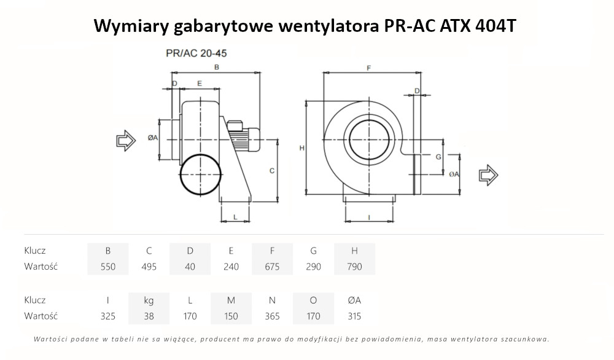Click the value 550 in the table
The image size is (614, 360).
[x=108, y=267]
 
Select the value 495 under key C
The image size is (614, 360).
[x=149, y=267]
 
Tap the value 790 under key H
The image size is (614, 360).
[x=354, y=267]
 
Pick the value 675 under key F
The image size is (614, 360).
[x=271, y=267]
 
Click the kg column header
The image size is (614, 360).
[x=149, y=300]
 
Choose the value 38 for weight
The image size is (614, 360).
[x=149, y=316]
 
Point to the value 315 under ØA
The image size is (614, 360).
[x=354, y=316]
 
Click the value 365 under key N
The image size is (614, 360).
[x=271, y=316]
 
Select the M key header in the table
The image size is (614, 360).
[x=231, y=300]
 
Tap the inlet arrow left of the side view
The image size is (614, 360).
[x=126, y=141]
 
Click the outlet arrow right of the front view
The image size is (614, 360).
[x=489, y=175]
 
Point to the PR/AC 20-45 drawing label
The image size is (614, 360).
[x=192, y=53]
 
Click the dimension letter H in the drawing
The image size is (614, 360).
[x=301, y=148]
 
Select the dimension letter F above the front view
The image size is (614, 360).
[x=368, y=68]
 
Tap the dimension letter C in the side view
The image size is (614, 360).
[x=271, y=171]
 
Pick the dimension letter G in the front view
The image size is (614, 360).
[x=438, y=157]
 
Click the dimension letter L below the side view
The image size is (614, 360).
[x=235, y=217]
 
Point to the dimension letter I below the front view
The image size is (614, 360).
[x=368, y=217]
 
